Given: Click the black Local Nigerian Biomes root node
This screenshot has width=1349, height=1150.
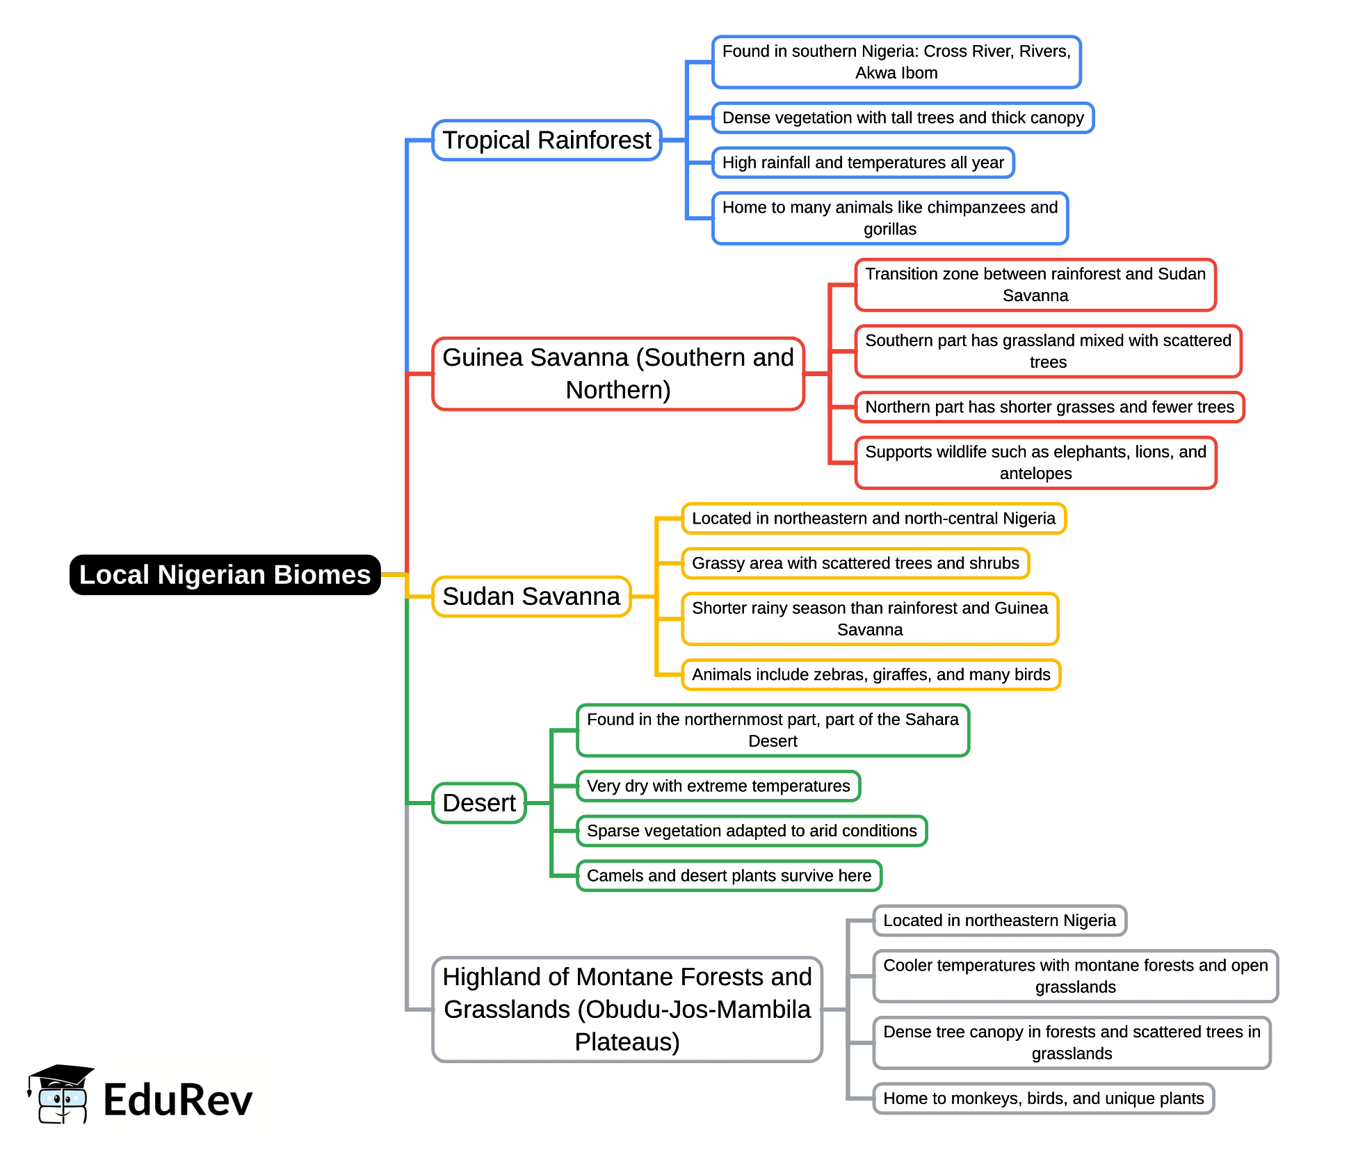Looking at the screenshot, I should tap(225, 575).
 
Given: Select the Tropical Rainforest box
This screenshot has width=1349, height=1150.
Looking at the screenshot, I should tap(547, 140).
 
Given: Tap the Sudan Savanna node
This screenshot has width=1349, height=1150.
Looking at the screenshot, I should tap(531, 597).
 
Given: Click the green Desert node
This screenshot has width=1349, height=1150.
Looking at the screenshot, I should tap(479, 803).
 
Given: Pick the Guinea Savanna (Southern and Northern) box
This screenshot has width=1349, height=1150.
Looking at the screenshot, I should tap(617, 374).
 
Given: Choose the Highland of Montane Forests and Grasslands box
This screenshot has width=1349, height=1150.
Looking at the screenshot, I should tap(627, 1009).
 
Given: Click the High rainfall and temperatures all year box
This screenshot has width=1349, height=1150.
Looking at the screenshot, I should tap(863, 163).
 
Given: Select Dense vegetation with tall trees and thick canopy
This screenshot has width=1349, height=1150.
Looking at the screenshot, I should tap(903, 118).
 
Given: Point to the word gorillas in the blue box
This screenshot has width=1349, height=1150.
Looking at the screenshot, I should tap(889, 229).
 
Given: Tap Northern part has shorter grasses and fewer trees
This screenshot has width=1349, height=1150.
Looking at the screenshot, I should tap(1049, 407).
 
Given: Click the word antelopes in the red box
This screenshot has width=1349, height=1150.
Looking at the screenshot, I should tap(1035, 473).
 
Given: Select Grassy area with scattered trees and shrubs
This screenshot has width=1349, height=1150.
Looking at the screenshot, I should tap(855, 563).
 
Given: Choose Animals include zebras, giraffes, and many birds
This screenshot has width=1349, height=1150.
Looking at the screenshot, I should tap(871, 674).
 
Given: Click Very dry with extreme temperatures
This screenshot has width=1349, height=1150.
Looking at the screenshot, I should tap(718, 786).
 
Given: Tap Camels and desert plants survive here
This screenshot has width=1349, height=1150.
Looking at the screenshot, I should tap(729, 876).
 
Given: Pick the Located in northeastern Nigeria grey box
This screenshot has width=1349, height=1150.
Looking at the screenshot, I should tap(999, 921).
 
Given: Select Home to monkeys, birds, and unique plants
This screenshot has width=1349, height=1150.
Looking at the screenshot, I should tap(1043, 1099).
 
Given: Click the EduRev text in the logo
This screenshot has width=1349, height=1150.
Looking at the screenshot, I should tap(178, 1101).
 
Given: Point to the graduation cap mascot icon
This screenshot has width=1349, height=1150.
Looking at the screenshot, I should tap(61, 1094).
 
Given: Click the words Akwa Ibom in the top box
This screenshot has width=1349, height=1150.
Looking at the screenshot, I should tap(896, 73).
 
